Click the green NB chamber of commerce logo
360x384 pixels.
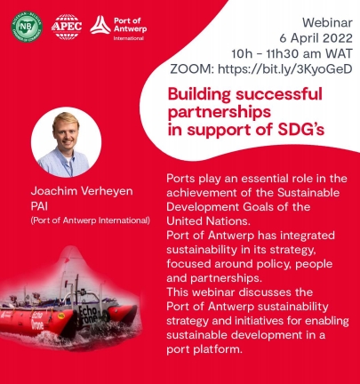pos(27,27)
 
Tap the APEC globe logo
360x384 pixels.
pos(67,27)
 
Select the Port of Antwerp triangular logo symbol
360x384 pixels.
pos(100,25)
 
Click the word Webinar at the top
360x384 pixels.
pos(327,23)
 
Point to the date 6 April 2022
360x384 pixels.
pos(316,38)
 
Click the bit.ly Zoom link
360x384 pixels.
pos(285,69)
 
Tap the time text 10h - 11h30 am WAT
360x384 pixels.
pos(292,53)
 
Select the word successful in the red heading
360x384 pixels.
pos(279,94)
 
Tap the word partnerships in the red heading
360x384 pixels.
pos(220,113)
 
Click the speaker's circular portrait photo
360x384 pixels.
pos(66,142)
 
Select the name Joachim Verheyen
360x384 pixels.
pos(82,191)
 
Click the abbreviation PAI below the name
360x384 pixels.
pos(39,206)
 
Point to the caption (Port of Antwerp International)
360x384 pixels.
pos(91,220)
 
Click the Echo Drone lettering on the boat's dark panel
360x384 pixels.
pos(88,315)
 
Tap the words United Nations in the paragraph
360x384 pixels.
pos(206,221)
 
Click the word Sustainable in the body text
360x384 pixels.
pos(308,193)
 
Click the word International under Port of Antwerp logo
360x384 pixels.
pos(129,38)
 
